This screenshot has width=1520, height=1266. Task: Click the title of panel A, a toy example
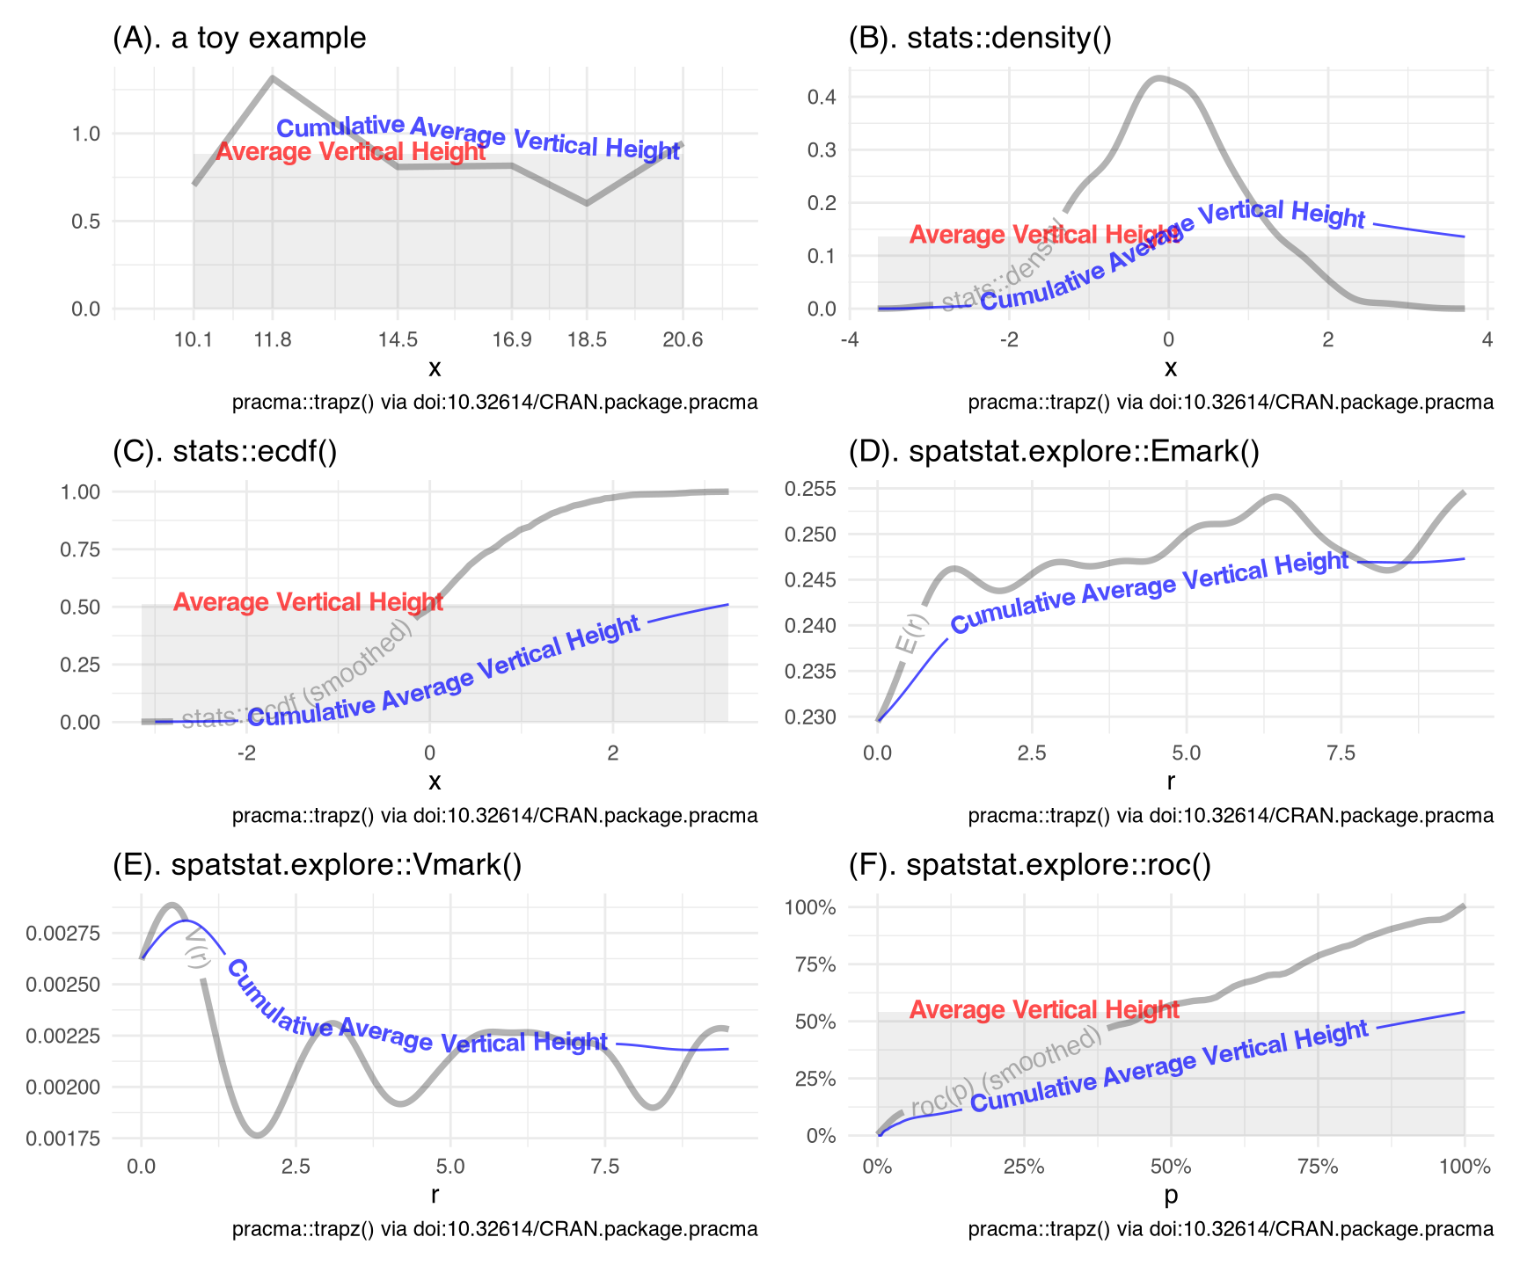239,38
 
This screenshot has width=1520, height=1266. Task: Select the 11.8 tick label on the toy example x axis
273,339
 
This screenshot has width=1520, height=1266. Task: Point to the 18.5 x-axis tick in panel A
587,339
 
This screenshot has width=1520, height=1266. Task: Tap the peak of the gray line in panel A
273,78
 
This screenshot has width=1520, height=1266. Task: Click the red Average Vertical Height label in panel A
350,152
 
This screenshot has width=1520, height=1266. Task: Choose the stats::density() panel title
980,38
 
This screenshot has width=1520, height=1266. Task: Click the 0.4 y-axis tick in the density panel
822,97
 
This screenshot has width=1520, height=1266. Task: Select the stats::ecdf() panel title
225,451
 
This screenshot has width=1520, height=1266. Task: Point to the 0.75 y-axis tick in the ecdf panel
80,549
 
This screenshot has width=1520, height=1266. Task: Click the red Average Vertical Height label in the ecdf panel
308,602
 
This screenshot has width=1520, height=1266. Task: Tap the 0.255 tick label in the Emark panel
809,489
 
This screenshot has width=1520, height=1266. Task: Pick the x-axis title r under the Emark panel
1171,781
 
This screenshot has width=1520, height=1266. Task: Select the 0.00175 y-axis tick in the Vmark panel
62,1139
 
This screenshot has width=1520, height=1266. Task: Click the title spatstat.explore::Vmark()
318,865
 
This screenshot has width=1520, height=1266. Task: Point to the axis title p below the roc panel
1171,1195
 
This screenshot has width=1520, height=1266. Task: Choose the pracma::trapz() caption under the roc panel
1231,1229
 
